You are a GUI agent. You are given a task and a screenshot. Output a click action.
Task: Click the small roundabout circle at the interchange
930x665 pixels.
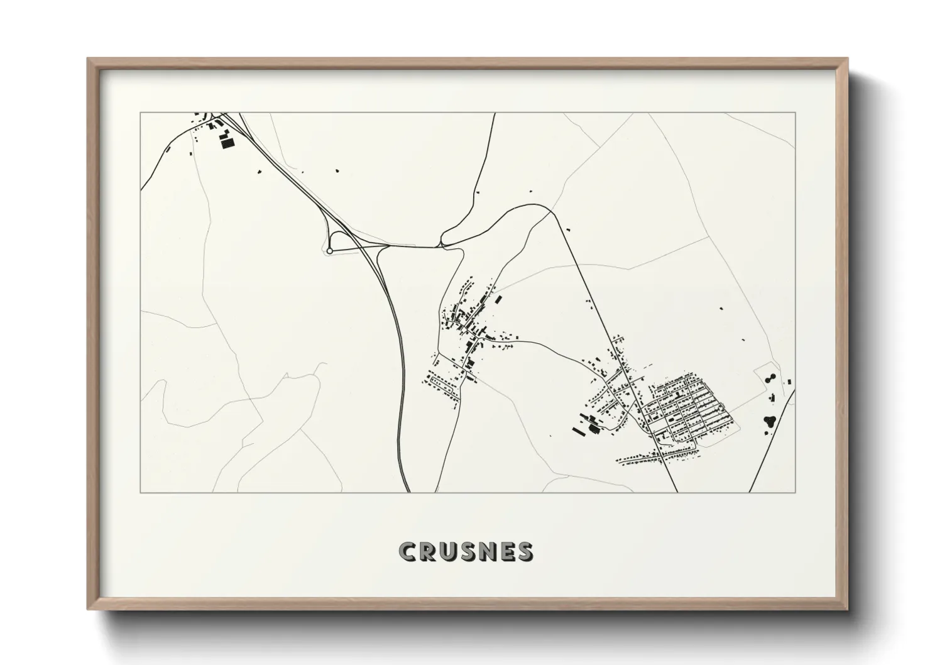coord(329,251)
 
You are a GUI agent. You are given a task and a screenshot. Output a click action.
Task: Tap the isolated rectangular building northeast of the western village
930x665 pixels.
coord(498,300)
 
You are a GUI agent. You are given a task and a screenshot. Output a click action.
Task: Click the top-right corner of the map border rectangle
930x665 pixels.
coord(795,113)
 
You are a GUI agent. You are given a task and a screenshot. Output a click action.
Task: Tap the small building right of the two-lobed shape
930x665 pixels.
coord(788,380)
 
